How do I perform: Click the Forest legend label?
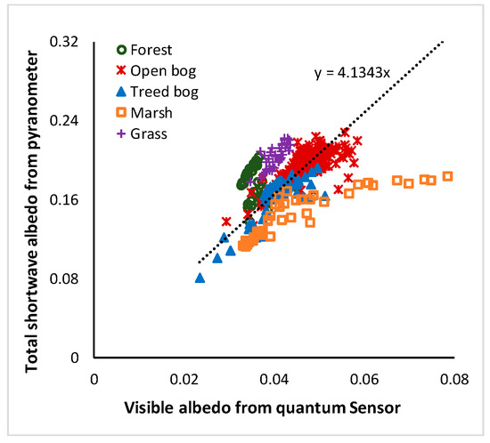(x=155, y=51)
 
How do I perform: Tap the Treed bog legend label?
(x=167, y=91)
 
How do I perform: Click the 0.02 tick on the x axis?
(x=185, y=375)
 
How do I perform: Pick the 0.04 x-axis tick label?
(x=275, y=375)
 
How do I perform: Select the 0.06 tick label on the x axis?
(x=365, y=375)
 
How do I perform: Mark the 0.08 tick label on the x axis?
(x=455, y=375)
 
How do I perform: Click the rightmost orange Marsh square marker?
(x=448, y=176)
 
